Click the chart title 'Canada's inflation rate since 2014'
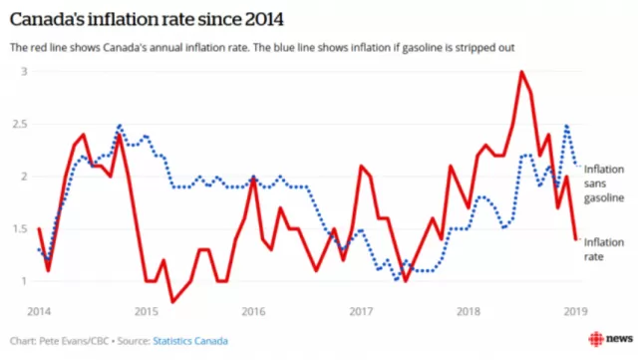click(x=147, y=19)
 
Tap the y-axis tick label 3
click(x=24, y=72)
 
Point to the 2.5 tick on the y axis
click(x=20, y=124)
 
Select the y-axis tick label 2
click(x=24, y=177)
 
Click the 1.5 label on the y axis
click(x=20, y=228)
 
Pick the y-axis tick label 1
click(x=24, y=281)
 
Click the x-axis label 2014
click(x=39, y=311)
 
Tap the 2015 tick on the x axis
click(x=147, y=311)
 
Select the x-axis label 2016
click(x=253, y=311)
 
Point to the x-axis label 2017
click(x=361, y=311)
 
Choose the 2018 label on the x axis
click(x=469, y=311)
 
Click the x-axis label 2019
click(x=576, y=311)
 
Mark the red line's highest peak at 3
click(x=521, y=72)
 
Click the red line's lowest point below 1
click(x=172, y=302)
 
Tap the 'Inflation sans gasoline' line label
click(x=604, y=183)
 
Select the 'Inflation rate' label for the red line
click(x=604, y=249)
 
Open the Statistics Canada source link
click(x=190, y=341)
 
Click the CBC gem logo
click(x=596, y=339)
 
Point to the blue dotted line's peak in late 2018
click(x=566, y=126)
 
